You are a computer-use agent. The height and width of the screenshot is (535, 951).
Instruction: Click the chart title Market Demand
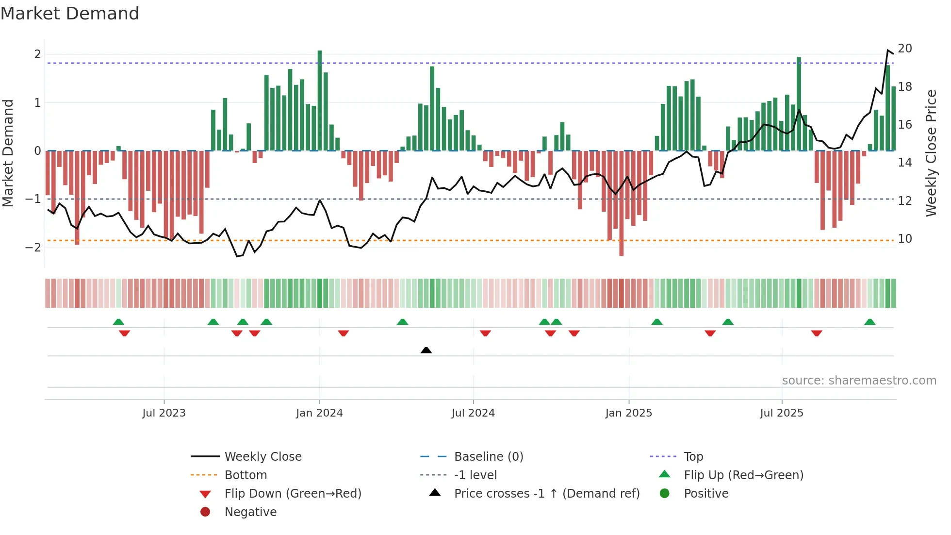pyautogui.click(x=70, y=14)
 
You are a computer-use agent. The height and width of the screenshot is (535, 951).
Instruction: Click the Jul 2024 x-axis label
pyautogui.click(x=473, y=413)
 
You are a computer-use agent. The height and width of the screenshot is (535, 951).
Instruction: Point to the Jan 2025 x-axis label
pyautogui.click(x=628, y=413)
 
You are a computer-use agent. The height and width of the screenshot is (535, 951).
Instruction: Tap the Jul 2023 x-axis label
pyautogui.click(x=164, y=413)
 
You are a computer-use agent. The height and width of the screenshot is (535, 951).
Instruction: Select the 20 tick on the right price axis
pyautogui.click(x=904, y=49)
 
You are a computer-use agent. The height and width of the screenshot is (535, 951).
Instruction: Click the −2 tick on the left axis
pyautogui.click(x=33, y=247)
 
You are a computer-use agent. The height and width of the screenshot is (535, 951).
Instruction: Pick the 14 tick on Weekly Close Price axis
pyautogui.click(x=904, y=163)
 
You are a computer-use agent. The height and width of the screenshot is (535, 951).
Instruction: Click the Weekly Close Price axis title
pyautogui.click(x=931, y=153)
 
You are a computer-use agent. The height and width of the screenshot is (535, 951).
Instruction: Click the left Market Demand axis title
pyautogui.click(x=8, y=153)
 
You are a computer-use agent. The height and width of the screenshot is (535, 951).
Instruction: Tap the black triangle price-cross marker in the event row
pyautogui.click(x=426, y=350)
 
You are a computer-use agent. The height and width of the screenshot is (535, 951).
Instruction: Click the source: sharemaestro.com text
pyautogui.click(x=859, y=381)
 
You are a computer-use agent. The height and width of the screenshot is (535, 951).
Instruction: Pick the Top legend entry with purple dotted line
pyautogui.click(x=693, y=457)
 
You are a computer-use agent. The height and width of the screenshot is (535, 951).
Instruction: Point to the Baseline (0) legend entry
pyautogui.click(x=488, y=457)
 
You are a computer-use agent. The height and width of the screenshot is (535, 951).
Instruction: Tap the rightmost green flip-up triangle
pyautogui.click(x=870, y=322)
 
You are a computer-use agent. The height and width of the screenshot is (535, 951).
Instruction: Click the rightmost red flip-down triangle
pyautogui.click(x=817, y=333)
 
